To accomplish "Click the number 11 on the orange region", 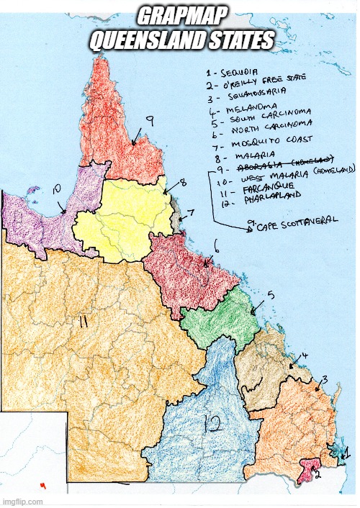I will coord(83,323).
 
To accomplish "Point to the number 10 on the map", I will coord(58,189).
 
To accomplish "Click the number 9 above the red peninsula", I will coord(148,123).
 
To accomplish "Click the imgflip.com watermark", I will coord(24,502).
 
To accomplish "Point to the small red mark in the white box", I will coord(43,485).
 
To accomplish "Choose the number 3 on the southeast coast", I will coord(325,379).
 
